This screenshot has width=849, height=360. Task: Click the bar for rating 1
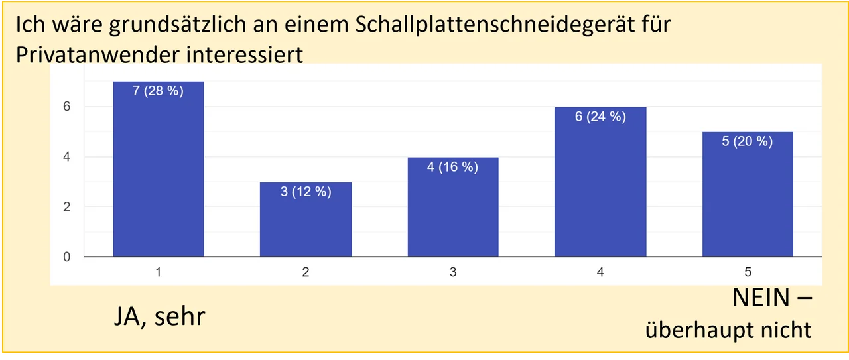pyautogui.click(x=158, y=169)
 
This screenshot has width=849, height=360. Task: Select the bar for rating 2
pyautogui.click(x=305, y=219)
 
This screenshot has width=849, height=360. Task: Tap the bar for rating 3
pyautogui.click(x=452, y=207)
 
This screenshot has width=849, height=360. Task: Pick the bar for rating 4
pyautogui.click(x=600, y=182)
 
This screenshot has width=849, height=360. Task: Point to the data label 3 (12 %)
pyautogui.click(x=305, y=193)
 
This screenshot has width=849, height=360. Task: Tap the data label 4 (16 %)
pyautogui.click(x=452, y=168)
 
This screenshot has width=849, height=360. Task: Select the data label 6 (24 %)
pyautogui.click(x=600, y=117)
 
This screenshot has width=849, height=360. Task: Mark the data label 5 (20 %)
pyautogui.click(x=748, y=142)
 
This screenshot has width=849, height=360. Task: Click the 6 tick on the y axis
pyautogui.click(x=67, y=107)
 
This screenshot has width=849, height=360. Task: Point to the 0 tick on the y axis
pyautogui.click(x=67, y=257)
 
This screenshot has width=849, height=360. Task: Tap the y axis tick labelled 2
pyautogui.click(x=67, y=207)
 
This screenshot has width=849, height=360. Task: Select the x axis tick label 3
pyautogui.click(x=452, y=272)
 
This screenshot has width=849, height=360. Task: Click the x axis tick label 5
pyautogui.click(x=748, y=272)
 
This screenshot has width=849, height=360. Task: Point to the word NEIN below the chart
pyautogui.click(x=761, y=298)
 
